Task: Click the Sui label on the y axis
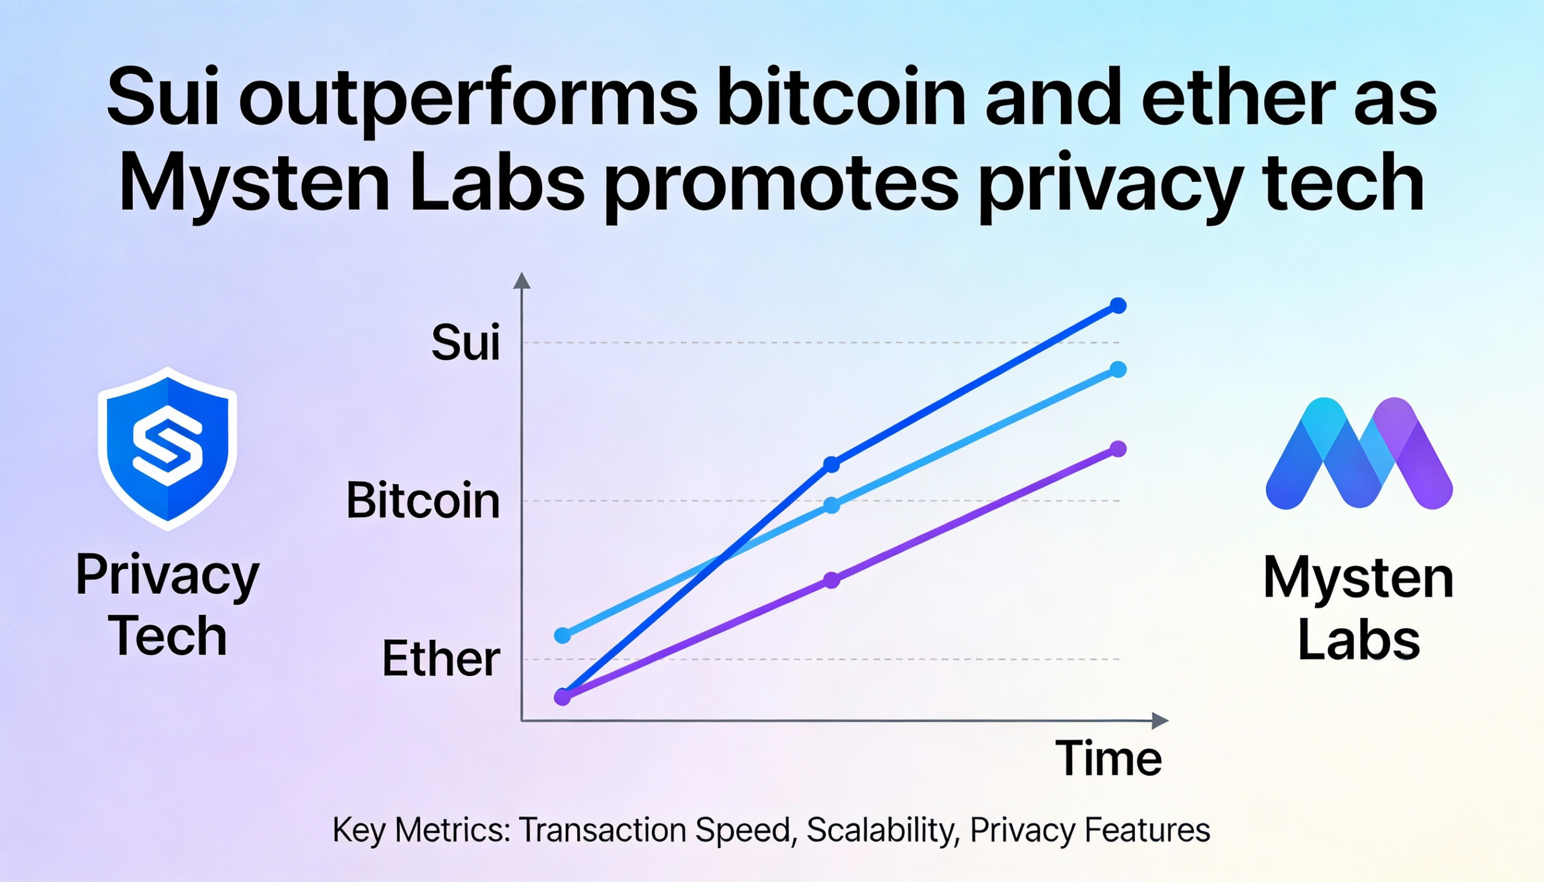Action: [466, 343]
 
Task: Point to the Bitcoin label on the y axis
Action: [423, 501]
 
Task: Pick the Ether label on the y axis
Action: [441, 659]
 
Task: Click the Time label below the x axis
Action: [1109, 758]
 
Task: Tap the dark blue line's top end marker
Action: [1118, 306]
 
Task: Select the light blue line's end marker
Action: [1118, 370]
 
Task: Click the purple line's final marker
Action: [1118, 449]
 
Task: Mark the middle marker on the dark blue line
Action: [832, 465]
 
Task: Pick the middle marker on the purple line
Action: [832, 581]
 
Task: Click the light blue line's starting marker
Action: [563, 635]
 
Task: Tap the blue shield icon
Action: [167, 449]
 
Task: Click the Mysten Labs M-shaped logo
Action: [1359, 453]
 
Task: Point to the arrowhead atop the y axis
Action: [522, 281]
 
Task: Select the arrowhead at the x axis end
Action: [1159, 721]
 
